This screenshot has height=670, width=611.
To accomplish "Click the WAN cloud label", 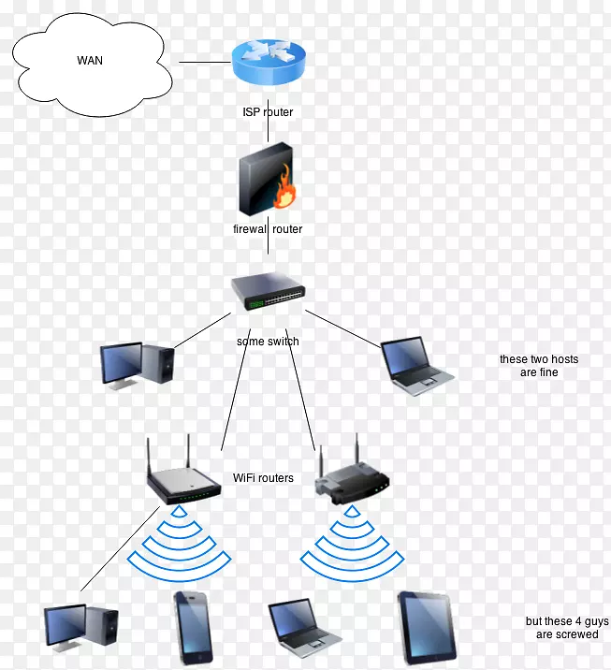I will [x=90, y=62].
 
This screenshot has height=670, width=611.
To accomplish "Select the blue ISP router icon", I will [x=269, y=64].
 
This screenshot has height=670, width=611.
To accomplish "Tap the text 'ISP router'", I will [x=268, y=112].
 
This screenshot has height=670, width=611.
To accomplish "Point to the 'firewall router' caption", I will [x=268, y=228].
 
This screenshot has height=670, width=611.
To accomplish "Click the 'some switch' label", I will [x=268, y=342].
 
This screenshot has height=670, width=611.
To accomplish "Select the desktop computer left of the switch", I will [x=137, y=363].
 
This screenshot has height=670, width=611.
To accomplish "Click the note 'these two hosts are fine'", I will [x=538, y=366].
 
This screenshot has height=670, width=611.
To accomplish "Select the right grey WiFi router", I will [x=354, y=477].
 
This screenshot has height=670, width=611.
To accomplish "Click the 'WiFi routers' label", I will [x=263, y=478].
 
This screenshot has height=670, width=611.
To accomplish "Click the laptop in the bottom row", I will [x=307, y=625].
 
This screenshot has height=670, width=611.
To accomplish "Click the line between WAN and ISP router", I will [x=204, y=63].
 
